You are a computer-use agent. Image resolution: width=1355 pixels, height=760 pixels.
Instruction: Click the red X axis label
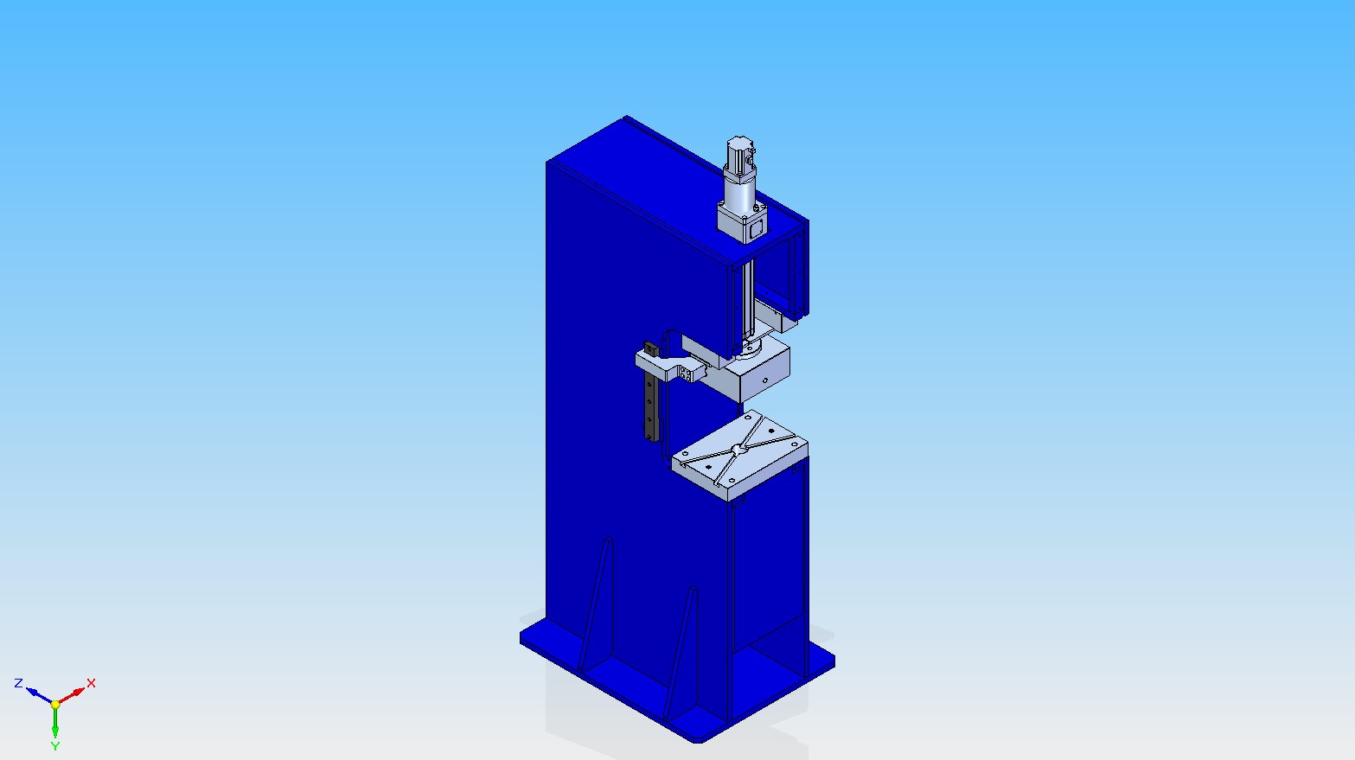click(x=91, y=682)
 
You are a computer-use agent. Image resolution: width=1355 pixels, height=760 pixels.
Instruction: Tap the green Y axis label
click(x=55, y=746)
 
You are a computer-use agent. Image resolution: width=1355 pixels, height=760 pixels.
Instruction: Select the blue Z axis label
click(x=18, y=682)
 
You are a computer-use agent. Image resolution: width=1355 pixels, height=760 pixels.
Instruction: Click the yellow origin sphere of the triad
click(x=55, y=705)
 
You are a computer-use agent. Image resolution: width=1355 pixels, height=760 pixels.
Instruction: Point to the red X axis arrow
click(x=71, y=696)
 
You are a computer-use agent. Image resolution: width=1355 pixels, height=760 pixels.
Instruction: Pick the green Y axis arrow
click(x=55, y=723)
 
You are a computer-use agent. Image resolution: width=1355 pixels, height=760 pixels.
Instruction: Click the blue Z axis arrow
click(x=39, y=696)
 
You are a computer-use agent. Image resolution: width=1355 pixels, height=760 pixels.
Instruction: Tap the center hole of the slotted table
click(x=738, y=449)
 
